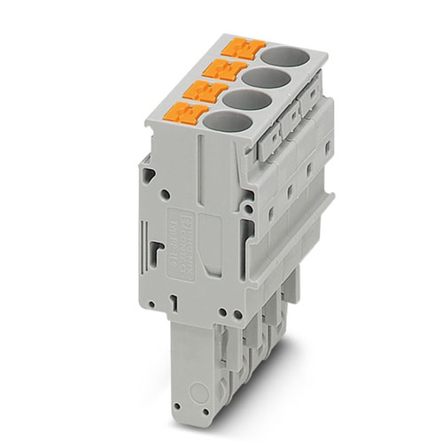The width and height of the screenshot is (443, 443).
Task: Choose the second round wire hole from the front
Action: click(242, 99)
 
